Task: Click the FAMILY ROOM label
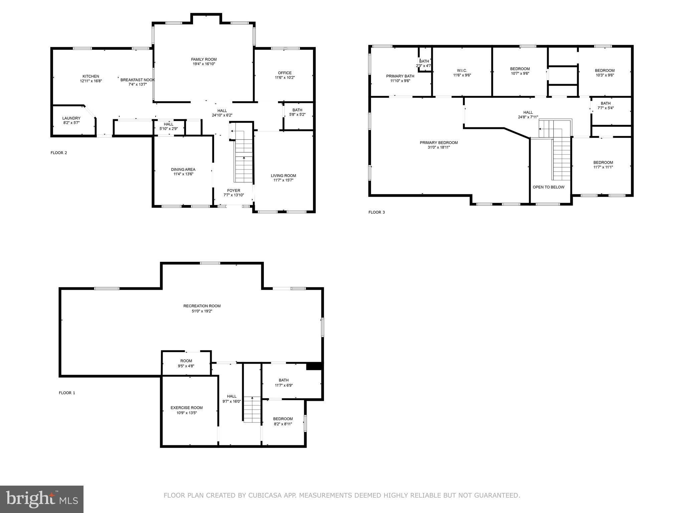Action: (204, 59)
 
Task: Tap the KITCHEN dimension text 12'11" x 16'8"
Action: (91, 81)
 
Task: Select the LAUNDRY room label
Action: (71, 118)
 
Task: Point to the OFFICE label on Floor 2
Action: (285, 73)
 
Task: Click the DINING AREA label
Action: (183, 169)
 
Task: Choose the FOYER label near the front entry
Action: (233, 191)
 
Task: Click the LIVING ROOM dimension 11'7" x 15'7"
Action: (283, 180)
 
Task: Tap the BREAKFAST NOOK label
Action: (137, 80)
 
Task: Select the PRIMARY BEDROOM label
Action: (439, 143)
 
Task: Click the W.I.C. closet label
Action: (462, 70)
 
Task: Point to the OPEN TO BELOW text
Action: (548, 187)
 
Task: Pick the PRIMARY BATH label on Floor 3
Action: (400, 76)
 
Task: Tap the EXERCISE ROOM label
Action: (186, 407)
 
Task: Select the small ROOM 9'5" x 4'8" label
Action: (186, 361)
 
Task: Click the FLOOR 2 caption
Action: (59, 153)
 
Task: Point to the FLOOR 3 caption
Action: (376, 212)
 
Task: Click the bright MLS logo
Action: (42, 499)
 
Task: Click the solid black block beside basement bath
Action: (314, 366)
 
